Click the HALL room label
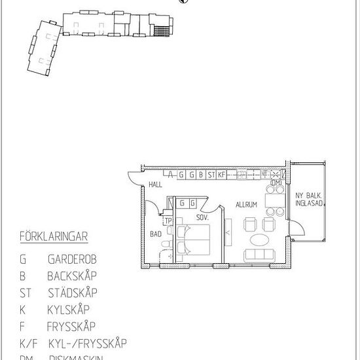pos(155,185)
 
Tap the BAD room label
pos(155,233)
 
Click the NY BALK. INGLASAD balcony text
pos(307,198)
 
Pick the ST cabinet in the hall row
pos(211,175)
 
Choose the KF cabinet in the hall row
pos(222,175)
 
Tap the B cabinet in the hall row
pos(201,175)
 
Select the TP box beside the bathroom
pos(168,221)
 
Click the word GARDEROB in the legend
pos(72,259)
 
